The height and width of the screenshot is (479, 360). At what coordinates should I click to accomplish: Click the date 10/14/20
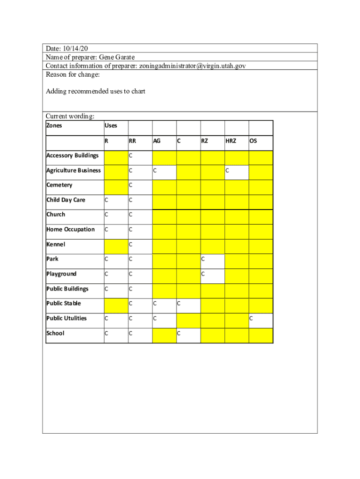coord(75,49)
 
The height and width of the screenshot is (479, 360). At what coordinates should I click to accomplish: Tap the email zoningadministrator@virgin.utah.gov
coord(192,65)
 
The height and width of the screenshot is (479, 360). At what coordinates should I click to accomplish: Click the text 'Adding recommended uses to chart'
coord(95,91)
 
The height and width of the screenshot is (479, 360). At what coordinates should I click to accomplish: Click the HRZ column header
coord(231,140)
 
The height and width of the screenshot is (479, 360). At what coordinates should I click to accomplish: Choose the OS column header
coord(253,140)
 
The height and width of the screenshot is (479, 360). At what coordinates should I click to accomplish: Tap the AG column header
coord(157,140)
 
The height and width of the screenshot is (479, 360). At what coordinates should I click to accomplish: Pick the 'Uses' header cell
coord(111,125)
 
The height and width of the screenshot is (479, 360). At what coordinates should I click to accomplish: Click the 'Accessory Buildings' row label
coord(72,155)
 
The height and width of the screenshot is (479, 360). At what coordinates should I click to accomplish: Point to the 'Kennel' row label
coord(56,244)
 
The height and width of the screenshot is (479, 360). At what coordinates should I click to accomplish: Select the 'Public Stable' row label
coord(64,303)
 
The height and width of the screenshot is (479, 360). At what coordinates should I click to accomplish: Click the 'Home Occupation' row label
coord(71,229)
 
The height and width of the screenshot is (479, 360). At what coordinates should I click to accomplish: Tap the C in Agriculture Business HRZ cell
coord(227,171)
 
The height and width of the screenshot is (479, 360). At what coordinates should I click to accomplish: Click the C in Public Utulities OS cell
coord(252,319)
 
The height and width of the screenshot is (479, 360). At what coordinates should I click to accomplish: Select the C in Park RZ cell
coord(203,259)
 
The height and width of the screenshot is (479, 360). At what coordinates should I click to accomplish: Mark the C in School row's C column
coord(179,334)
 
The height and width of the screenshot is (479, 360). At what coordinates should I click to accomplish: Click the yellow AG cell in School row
coord(164,335)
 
